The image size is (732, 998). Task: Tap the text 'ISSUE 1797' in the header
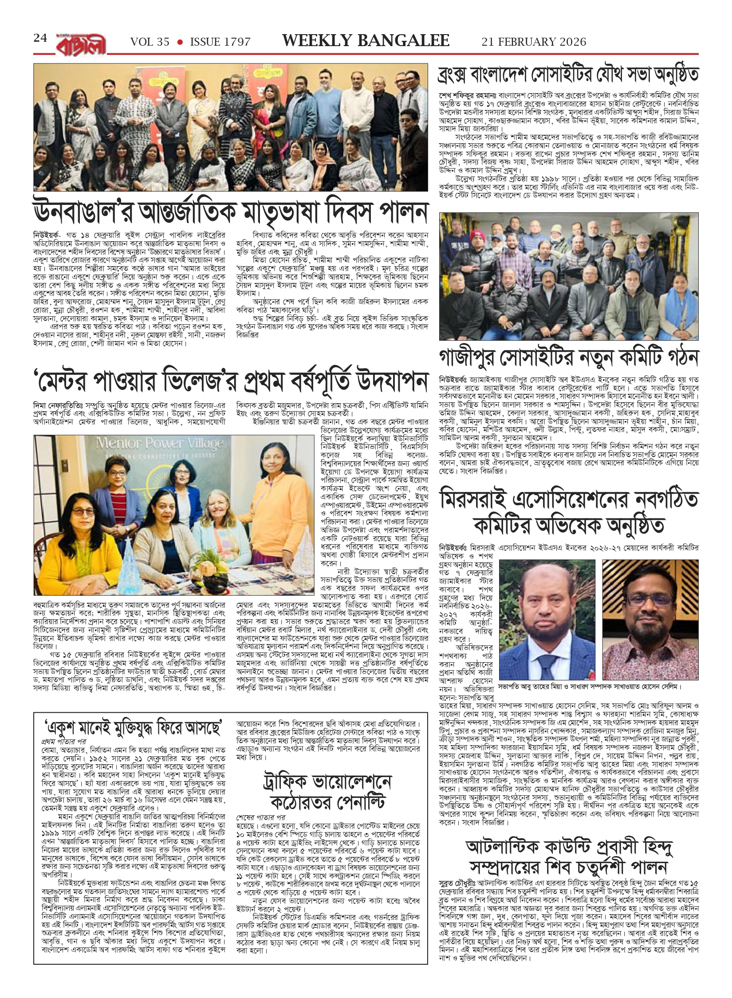click(x=220, y=42)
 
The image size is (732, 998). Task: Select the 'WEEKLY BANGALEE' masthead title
click(x=366, y=41)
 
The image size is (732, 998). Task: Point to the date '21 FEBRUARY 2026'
click(x=534, y=42)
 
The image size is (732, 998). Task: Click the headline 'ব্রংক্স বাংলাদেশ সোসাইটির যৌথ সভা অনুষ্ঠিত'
click(x=569, y=75)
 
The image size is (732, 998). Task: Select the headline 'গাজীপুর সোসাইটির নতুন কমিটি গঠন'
click(x=569, y=357)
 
